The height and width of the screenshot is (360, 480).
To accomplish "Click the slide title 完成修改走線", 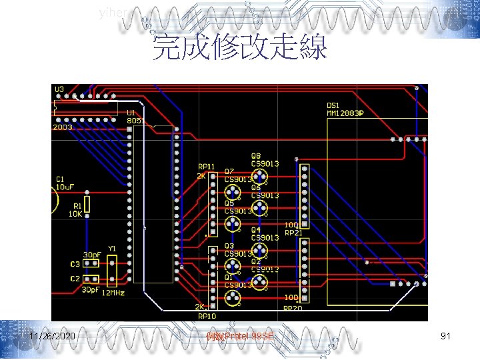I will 240,48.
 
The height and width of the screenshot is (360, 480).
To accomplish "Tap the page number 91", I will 446,337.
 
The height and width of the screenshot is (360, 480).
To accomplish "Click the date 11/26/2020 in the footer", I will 53,337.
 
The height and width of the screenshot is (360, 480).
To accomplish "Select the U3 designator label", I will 59,89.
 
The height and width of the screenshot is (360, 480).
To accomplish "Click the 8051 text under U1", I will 135,121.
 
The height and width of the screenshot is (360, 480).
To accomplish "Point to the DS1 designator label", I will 333,105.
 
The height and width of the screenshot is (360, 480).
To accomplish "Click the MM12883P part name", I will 345,113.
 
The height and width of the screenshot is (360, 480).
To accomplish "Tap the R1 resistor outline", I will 86,204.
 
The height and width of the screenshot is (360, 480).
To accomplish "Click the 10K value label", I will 75,214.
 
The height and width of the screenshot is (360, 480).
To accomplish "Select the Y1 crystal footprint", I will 112,271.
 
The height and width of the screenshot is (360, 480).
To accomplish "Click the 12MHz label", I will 113,293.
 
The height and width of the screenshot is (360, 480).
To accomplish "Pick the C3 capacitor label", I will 75,264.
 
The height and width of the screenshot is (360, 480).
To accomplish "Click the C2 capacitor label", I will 75,279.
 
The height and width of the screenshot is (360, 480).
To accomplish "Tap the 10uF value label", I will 65,187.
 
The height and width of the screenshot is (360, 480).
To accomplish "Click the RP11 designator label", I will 206,166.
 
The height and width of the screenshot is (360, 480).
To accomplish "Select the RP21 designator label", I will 293,233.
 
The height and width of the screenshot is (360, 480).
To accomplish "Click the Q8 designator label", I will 256,156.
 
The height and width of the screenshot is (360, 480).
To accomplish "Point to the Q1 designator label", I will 229,277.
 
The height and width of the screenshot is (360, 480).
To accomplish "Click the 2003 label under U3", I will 63,127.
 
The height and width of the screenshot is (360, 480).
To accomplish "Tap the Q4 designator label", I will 256,230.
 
